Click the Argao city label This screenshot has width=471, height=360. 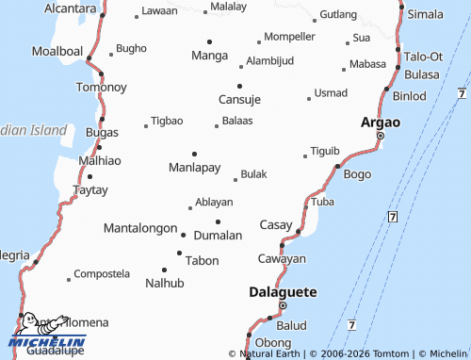click(x=382, y=123)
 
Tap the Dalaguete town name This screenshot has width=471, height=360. click(x=283, y=291)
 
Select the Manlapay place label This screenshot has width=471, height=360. click(x=194, y=168)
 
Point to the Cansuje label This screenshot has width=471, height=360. click(x=239, y=99)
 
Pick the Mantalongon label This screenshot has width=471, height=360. click(x=139, y=228)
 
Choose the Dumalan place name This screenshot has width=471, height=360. click(x=218, y=235)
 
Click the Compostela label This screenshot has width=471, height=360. click(x=101, y=273)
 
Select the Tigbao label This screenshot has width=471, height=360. click(x=168, y=121)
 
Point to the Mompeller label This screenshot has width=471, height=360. click(x=289, y=36)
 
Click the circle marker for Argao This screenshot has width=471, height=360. click(x=381, y=136)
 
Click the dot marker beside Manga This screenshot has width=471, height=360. click(x=209, y=41)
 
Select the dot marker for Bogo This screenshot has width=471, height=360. click(x=337, y=167)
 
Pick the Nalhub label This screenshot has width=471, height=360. click(x=165, y=282)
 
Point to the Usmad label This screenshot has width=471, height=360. click(x=331, y=92)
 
